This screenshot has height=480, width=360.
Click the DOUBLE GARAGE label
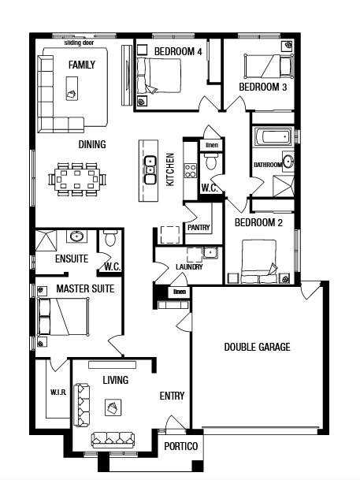(258, 347)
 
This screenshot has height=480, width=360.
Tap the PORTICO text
(181, 446)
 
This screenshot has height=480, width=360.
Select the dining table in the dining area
(77, 180)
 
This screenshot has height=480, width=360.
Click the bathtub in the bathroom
(272, 136)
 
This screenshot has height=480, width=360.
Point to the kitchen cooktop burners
(191, 171)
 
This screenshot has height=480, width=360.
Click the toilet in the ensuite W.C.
(109, 239)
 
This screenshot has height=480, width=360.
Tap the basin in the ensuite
(76, 236)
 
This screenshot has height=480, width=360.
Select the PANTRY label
(199, 228)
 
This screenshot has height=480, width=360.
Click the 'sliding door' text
(79, 43)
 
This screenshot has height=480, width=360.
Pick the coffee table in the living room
(113, 407)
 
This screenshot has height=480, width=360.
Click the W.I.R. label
(58, 393)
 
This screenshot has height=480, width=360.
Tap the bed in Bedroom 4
(159, 76)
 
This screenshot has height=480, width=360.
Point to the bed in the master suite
(63, 317)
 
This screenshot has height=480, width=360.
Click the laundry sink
(211, 253)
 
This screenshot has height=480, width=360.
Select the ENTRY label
(173, 396)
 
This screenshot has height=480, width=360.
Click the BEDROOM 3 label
(263, 87)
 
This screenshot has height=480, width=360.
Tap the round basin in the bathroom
(288, 162)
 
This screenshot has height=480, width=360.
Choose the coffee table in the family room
(72, 88)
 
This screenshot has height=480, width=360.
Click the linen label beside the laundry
(180, 292)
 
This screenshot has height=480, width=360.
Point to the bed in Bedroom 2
(259, 262)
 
